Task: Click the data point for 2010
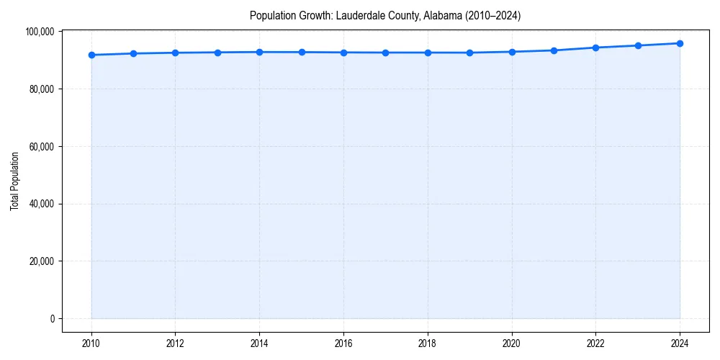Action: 91,55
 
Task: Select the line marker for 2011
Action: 133,53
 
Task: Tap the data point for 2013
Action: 217,53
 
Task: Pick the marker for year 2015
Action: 302,52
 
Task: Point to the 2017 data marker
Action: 386,53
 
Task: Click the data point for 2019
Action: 470,53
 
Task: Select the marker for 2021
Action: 554,50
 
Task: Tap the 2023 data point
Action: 638,45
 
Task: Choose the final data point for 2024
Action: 680,43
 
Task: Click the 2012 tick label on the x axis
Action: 175,343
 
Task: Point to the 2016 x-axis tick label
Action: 343,343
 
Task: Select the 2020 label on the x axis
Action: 512,343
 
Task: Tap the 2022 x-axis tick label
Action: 596,343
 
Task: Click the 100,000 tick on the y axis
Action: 40,32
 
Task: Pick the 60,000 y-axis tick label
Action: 42,146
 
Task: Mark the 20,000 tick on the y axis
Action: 42,261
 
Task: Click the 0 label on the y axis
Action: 52,318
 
